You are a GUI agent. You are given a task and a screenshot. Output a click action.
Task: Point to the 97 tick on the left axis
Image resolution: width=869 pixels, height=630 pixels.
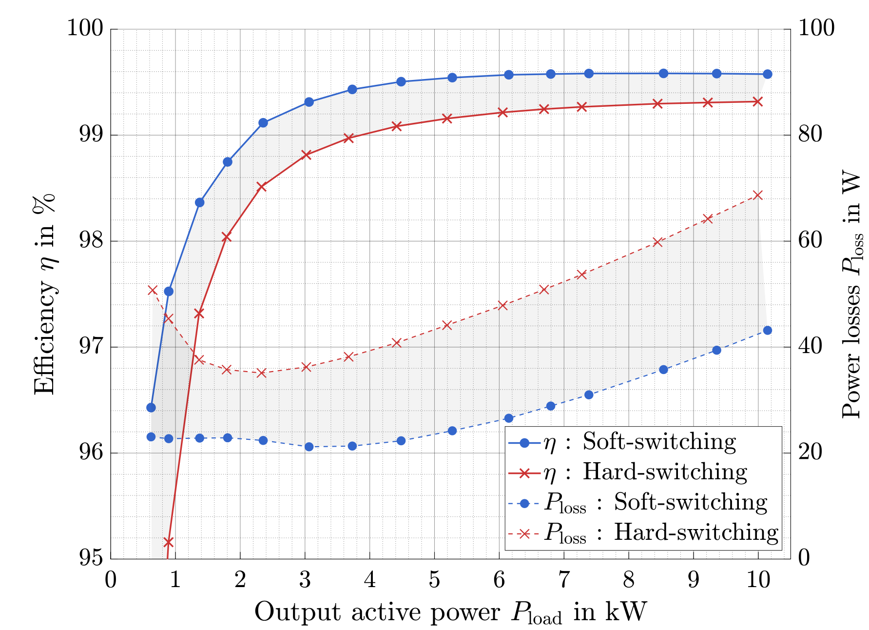point(91,347)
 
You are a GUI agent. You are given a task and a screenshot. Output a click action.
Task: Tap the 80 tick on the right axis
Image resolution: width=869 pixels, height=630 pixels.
point(810,135)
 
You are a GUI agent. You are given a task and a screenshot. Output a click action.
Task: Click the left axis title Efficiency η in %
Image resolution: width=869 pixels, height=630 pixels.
point(44,294)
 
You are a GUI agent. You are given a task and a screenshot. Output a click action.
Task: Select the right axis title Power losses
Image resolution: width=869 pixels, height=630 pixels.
point(852,294)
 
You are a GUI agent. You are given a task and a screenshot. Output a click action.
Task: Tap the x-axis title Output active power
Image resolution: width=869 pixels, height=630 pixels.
point(450,612)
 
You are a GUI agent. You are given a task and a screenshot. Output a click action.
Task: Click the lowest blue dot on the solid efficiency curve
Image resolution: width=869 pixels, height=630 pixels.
point(151,407)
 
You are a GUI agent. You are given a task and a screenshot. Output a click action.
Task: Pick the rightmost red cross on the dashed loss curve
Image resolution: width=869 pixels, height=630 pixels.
point(757,195)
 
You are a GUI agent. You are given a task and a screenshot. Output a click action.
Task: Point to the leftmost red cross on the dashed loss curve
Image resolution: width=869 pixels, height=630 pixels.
point(152,290)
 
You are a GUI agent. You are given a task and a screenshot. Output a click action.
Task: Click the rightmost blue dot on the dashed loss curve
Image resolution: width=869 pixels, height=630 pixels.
point(767,330)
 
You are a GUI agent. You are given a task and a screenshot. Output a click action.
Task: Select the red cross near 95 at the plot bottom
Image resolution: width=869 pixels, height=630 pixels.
point(169,542)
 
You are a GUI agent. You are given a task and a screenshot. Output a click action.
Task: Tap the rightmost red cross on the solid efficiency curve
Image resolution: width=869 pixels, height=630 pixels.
point(757,101)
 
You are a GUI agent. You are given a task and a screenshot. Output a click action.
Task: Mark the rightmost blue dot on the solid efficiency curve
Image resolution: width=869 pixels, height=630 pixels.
point(767,74)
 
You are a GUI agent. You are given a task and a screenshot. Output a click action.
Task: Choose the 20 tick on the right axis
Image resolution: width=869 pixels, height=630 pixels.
point(810,453)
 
